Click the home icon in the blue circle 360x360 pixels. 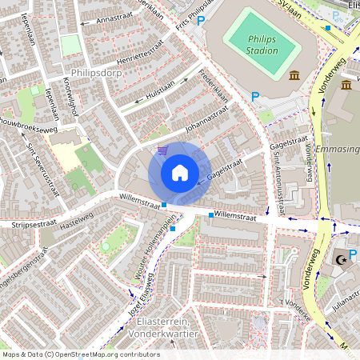click(180, 173)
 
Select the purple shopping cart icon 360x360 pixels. click(163, 150)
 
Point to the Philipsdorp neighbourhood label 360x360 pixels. click(95, 72)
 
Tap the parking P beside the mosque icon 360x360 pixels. click(353, 254)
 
